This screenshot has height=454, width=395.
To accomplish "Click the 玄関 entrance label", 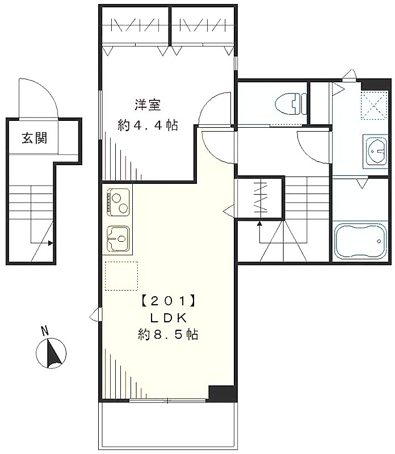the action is coord(35,138).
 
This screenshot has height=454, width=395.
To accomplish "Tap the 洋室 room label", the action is coord(148,105).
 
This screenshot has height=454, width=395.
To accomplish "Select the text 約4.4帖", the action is coord(148,125).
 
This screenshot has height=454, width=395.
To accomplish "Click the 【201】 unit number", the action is coord(169,301).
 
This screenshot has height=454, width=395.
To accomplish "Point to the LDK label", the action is coord(169,318).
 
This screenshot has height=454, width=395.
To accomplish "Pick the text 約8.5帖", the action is coord(168,335).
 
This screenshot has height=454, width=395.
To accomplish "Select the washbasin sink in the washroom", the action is coord(376,151).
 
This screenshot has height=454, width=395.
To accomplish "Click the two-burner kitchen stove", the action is coord(119,202).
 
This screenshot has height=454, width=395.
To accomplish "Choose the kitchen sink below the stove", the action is coord(119,238).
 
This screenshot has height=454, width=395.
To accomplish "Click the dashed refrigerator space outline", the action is coord(121,276).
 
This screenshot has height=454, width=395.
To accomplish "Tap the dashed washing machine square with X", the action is coord(374,105).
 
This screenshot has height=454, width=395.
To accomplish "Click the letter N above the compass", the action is coord(44,331).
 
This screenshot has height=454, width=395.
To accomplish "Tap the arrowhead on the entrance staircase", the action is coord(51,243).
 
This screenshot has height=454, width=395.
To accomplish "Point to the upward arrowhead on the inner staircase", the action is coord(259,223).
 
